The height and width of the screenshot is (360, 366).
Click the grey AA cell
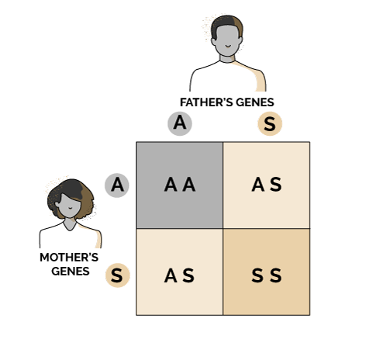180,185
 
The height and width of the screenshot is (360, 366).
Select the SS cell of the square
267,272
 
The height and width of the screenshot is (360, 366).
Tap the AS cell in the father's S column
267,185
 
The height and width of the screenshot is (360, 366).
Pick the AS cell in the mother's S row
180,272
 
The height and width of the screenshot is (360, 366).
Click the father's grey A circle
180,123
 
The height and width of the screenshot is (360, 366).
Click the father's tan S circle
270,123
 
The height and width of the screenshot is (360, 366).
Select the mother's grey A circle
117,185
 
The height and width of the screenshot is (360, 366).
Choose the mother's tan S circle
117,275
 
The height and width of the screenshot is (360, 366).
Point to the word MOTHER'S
69,258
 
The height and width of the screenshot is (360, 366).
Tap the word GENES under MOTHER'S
71,272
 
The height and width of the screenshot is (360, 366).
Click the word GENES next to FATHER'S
255,102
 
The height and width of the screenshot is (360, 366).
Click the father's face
227,40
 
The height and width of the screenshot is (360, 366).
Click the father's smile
228,47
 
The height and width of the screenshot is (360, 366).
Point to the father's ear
213,41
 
